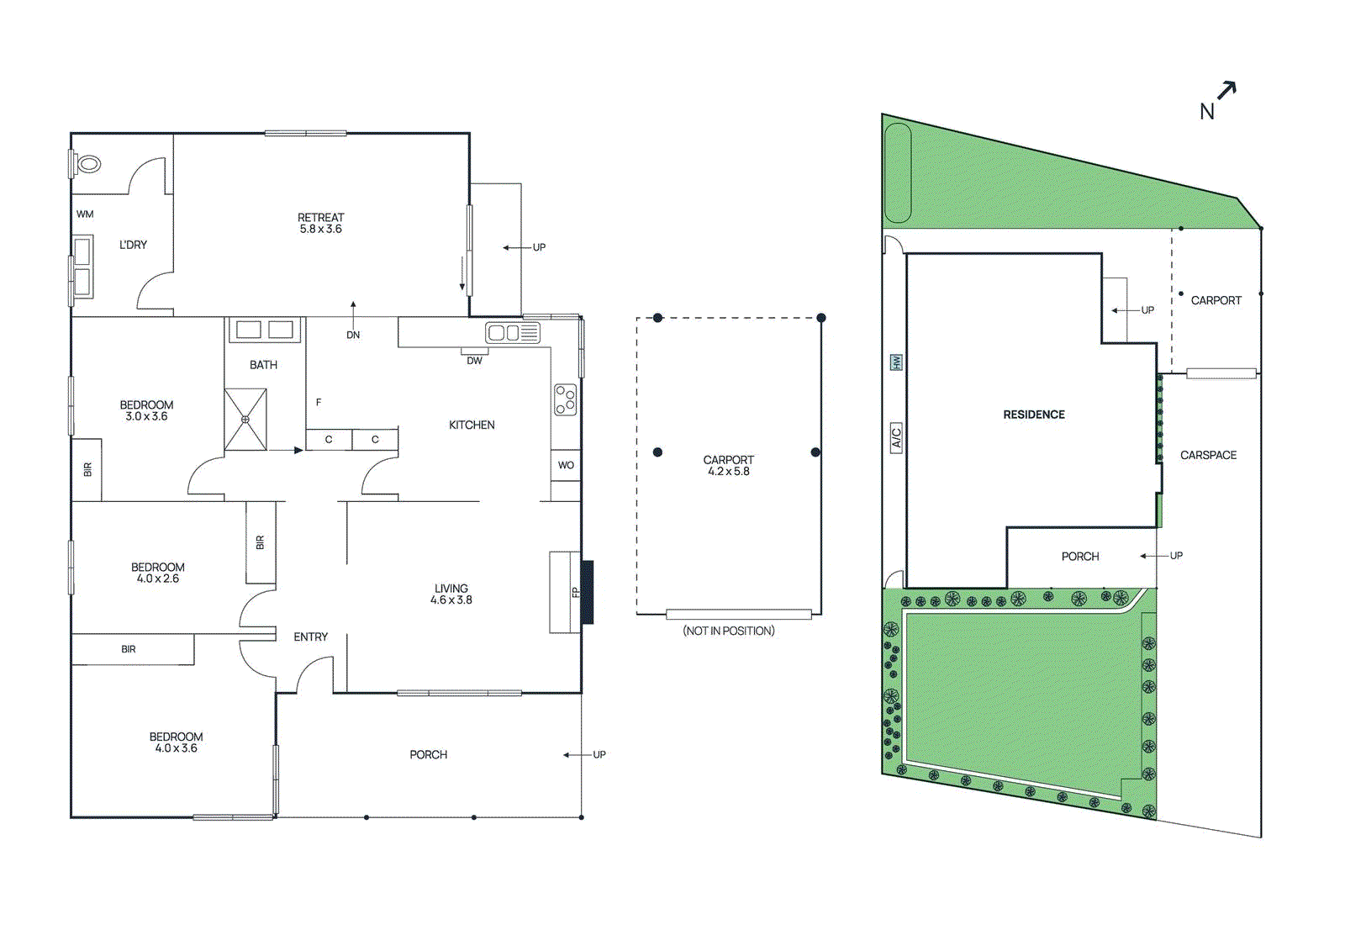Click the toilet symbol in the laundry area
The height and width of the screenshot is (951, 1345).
(x=87, y=164)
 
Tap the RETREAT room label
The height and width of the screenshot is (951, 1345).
(x=320, y=223)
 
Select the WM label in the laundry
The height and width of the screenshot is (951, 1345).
(x=85, y=214)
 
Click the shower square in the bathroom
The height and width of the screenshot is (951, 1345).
(x=245, y=419)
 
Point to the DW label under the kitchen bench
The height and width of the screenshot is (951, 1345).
(x=474, y=361)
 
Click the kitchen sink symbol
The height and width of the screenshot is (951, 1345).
(x=512, y=333)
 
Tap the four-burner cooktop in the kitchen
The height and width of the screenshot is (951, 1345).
(x=566, y=400)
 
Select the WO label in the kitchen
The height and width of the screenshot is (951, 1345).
(x=566, y=465)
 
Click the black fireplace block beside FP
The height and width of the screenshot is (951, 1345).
(x=587, y=592)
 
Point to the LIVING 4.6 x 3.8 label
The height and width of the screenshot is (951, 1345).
(x=451, y=594)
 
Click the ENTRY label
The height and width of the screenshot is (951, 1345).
(x=310, y=637)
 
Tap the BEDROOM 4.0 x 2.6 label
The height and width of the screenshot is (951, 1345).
(x=158, y=573)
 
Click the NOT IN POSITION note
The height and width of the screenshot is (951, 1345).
(x=728, y=631)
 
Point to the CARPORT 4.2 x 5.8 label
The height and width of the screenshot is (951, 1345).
(x=728, y=466)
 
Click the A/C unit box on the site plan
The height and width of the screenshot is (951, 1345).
(x=896, y=438)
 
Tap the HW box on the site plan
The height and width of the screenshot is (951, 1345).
(x=896, y=362)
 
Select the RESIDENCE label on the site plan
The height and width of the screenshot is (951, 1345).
(x=1033, y=415)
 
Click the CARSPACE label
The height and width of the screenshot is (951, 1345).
(x=1208, y=455)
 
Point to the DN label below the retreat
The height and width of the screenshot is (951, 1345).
(x=353, y=335)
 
